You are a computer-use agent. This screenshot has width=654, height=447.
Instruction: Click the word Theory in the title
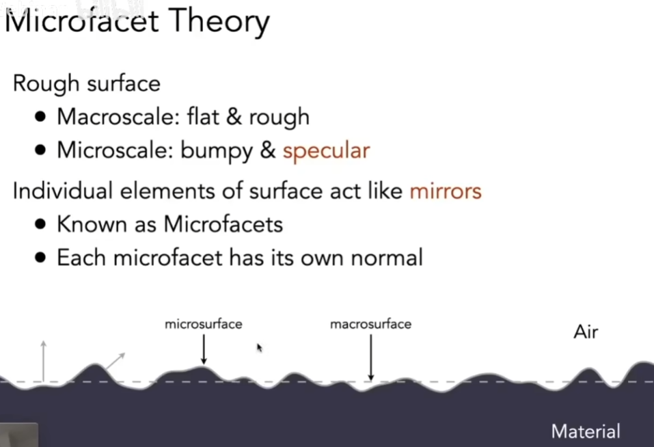(219, 22)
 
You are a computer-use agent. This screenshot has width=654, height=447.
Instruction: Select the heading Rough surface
(87, 83)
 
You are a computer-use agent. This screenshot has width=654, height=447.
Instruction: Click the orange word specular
(326, 151)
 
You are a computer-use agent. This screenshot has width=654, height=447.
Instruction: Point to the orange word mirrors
(446, 191)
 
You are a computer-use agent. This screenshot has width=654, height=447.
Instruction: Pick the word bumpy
(217, 151)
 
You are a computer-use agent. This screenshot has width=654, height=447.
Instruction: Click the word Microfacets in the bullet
(223, 224)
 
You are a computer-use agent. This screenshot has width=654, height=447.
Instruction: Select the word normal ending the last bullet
(387, 258)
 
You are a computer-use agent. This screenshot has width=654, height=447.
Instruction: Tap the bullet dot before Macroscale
(40, 117)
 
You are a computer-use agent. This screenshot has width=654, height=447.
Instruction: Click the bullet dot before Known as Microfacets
(40, 225)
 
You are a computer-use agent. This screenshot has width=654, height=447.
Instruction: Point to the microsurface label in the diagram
(204, 324)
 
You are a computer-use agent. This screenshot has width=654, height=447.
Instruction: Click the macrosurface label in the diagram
(371, 324)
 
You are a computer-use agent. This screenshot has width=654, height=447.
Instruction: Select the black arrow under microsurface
(204, 349)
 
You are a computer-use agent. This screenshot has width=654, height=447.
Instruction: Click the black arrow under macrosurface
(371, 357)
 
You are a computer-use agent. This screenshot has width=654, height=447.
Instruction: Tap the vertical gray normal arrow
(43, 361)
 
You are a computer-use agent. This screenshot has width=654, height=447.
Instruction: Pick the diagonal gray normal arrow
(115, 362)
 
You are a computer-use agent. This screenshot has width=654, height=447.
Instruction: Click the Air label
(586, 332)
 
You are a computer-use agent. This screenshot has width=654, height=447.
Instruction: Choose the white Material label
(586, 431)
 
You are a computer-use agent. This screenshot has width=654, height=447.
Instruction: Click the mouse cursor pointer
(259, 348)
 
